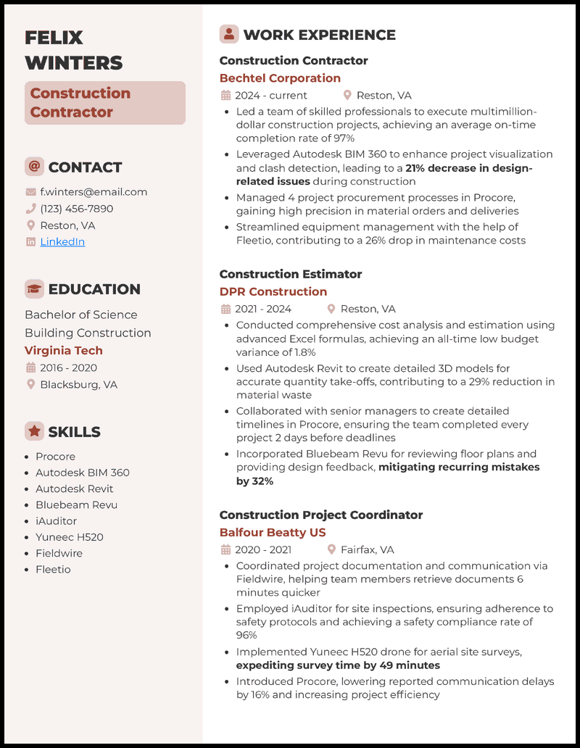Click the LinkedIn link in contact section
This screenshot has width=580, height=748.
(x=62, y=242)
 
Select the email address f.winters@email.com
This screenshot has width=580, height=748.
(x=94, y=192)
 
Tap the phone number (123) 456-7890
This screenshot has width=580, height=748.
(x=76, y=209)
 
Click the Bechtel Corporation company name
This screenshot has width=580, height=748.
(x=280, y=78)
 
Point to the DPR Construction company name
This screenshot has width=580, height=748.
(x=273, y=291)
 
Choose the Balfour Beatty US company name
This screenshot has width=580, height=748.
(x=273, y=532)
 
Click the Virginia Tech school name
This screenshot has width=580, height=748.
(x=64, y=350)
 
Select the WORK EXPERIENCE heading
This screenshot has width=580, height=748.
(x=319, y=35)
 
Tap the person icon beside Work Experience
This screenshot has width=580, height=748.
(x=229, y=34)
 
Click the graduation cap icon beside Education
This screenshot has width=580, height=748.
(x=34, y=289)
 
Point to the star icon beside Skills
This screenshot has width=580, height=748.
(x=34, y=431)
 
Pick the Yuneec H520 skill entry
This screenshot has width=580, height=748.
(x=70, y=537)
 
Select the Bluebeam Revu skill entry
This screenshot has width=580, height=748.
(x=76, y=504)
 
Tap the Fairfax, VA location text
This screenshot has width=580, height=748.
(x=367, y=549)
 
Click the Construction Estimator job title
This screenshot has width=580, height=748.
(x=291, y=274)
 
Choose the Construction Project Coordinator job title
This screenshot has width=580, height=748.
(x=321, y=515)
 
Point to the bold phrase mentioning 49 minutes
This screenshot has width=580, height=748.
(x=338, y=665)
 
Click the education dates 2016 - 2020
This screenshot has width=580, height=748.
(x=68, y=367)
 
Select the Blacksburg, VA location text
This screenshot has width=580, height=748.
(x=78, y=384)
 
